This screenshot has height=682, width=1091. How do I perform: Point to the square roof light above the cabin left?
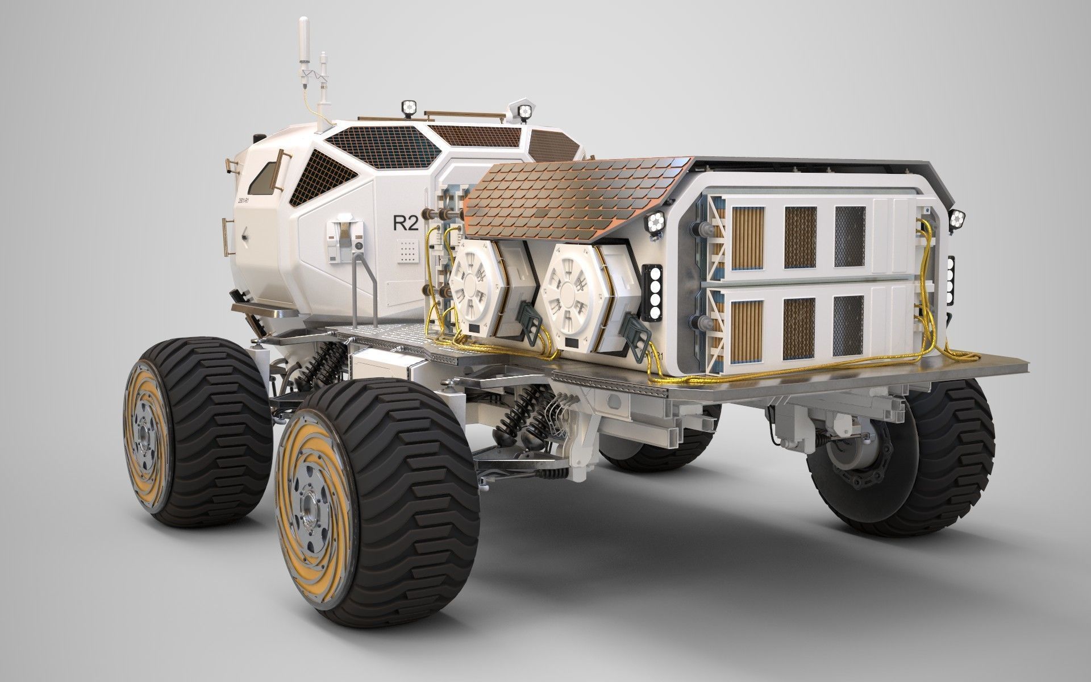[x=407, y=106]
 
